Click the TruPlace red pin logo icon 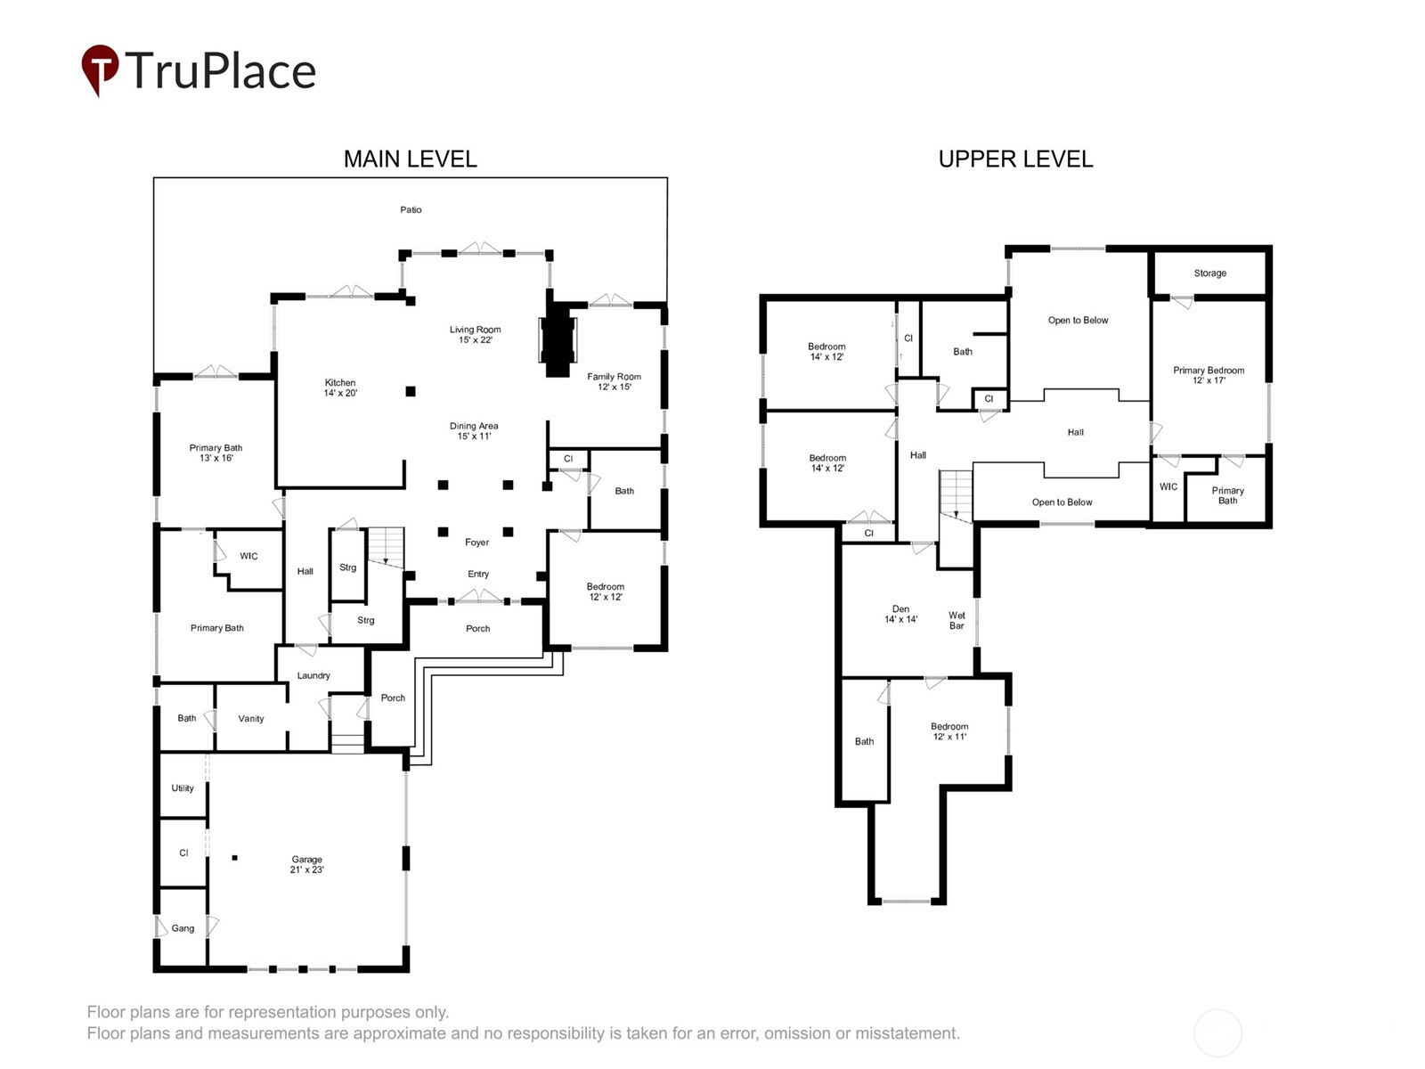[x=100, y=69]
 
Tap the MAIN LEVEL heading [x=410, y=159]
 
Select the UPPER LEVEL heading [x=1015, y=159]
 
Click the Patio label [x=411, y=209]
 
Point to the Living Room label [x=476, y=334]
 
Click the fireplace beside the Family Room [x=558, y=339]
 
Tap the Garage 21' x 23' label [x=306, y=864]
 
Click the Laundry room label [x=313, y=675]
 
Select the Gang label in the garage [x=183, y=928]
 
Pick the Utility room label [x=183, y=788]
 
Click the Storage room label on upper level [x=1209, y=273]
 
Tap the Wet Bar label [x=957, y=620]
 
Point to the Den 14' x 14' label [x=900, y=614]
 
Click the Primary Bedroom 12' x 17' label [x=1209, y=374]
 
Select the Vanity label [x=250, y=719]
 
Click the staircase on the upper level [x=956, y=496]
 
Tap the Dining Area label [x=474, y=431]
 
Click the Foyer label [x=476, y=542]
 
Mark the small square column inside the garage [x=235, y=857]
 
